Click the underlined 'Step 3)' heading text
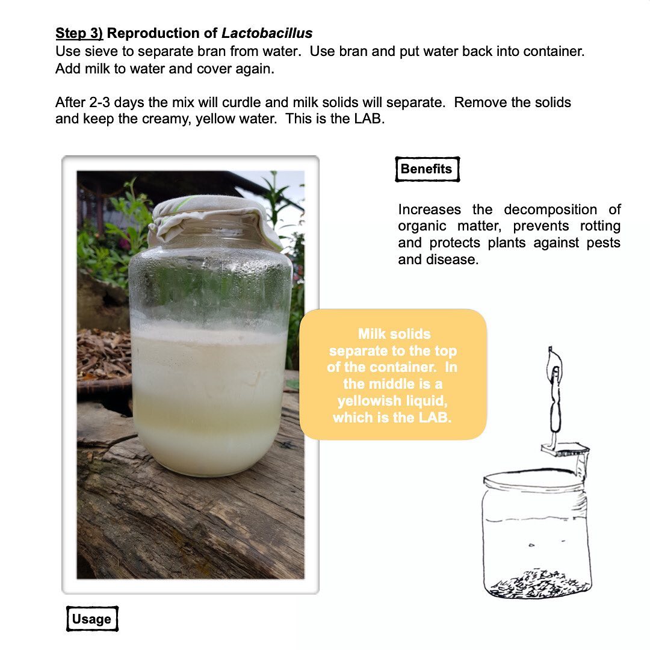pos(79,33)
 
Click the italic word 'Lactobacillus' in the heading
pos(267,33)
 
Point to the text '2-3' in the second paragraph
pos(99,102)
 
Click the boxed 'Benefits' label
pos(427,169)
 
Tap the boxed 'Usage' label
pos(92,619)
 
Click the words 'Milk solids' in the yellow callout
pos(394,334)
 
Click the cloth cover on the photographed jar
pos(211,220)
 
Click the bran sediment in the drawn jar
pos(539,584)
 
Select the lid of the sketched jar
pos(535,477)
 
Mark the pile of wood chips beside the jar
pos(104,354)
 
